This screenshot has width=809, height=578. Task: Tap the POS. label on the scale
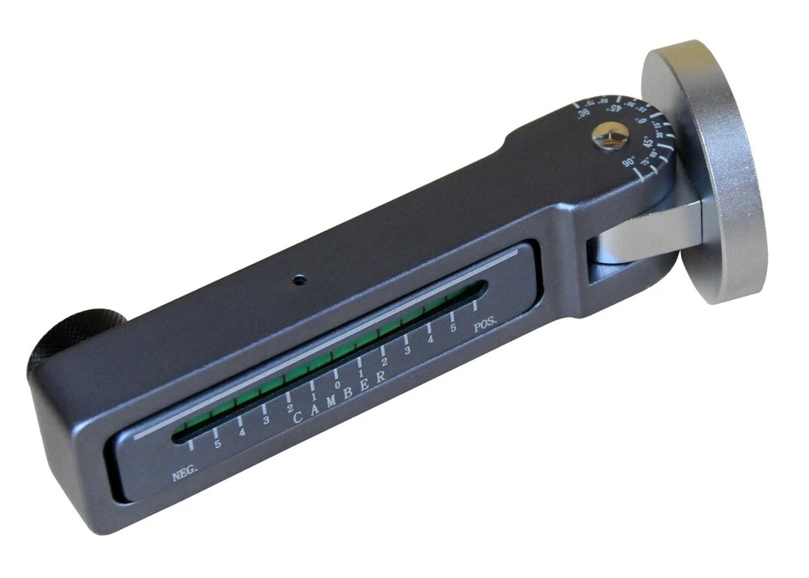click(x=486, y=325)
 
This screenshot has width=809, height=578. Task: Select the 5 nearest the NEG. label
click(x=218, y=443)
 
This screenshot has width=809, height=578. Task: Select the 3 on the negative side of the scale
click(x=265, y=420)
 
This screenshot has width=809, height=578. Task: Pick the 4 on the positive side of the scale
click(x=431, y=339)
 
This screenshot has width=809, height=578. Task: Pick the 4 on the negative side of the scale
click(x=242, y=431)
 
